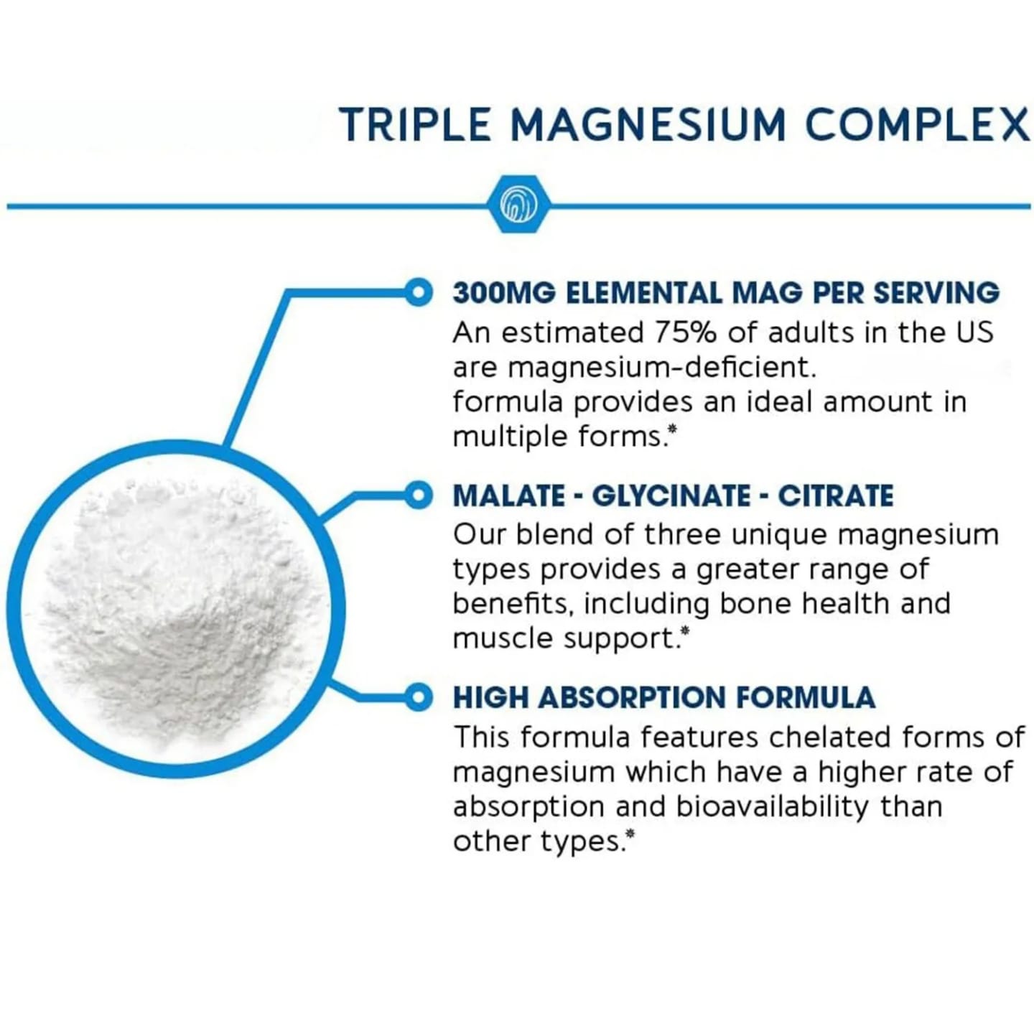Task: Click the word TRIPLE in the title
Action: point(416,125)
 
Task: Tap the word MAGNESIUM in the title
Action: point(648,125)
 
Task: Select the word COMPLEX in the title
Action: point(918,125)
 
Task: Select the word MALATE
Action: point(508,496)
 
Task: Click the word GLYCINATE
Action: point(670,496)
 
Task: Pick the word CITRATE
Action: point(836,496)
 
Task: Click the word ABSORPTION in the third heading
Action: point(633,698)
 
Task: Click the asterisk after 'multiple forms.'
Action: point(672,430)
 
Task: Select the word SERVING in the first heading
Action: point(936,293)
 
